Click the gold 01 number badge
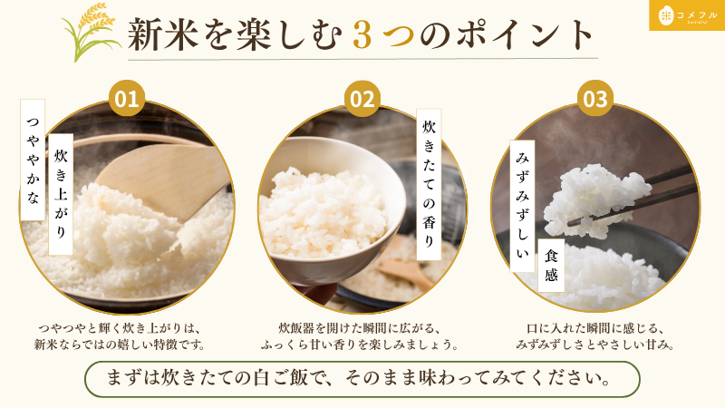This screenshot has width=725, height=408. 126,99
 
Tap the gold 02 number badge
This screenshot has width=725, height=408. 362,99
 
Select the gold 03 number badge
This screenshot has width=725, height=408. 595,99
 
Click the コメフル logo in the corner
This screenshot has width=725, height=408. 687,15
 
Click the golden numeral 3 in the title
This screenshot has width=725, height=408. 362,35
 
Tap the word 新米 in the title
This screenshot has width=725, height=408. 162,34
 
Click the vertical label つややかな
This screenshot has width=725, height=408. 33,160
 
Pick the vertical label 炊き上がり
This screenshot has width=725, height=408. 61,194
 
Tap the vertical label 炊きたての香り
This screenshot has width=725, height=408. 429,185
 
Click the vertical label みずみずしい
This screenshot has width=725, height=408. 522,206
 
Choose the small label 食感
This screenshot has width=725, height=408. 551,265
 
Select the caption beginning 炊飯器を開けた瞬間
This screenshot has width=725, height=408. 360,336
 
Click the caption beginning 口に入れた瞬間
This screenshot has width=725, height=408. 595,336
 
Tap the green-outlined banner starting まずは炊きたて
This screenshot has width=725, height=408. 362,379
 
